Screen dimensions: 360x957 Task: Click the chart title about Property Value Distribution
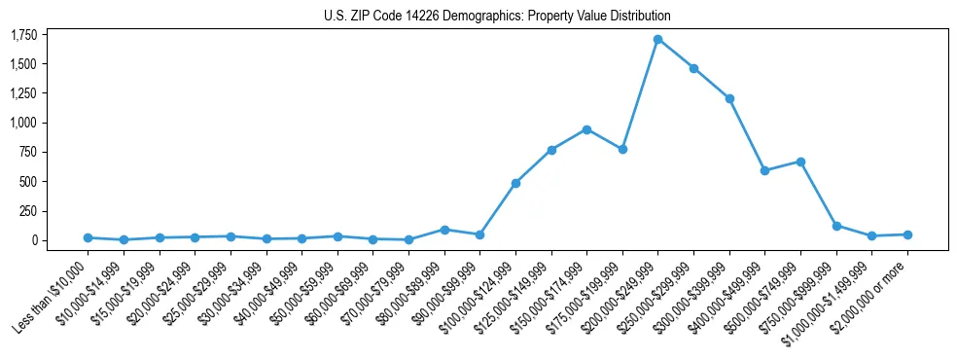497,16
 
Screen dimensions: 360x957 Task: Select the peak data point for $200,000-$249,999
658,40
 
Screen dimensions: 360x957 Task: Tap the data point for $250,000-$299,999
693,68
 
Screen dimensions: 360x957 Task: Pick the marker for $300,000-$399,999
729,98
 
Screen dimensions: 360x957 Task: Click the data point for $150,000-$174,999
586,129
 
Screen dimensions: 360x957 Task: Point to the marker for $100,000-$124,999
515,183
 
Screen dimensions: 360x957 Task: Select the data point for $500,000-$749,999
800,162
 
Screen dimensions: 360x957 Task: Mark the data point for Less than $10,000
88,237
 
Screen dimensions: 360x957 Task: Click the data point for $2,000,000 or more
907,234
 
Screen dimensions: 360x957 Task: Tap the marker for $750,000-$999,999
836,226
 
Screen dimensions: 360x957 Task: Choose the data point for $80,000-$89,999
444,230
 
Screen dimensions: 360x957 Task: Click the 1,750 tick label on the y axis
23,35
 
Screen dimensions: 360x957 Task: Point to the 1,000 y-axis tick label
23,123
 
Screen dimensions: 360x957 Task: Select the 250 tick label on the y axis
28,211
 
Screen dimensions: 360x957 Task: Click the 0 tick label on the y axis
34,240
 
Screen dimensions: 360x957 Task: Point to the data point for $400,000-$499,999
765,170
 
